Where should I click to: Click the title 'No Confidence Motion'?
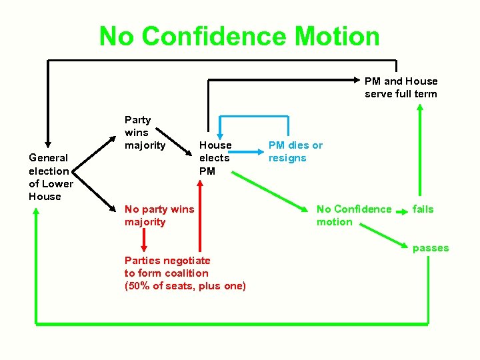239,36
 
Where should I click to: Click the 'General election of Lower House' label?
51,177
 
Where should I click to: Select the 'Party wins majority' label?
145,133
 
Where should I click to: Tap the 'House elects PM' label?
215,158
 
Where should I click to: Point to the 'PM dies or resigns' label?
295,151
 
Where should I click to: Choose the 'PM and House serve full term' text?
401,87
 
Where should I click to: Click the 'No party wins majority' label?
159,215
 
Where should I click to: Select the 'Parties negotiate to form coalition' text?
167,267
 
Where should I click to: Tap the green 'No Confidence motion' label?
354,215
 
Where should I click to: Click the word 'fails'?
423,209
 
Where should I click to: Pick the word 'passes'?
431,248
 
